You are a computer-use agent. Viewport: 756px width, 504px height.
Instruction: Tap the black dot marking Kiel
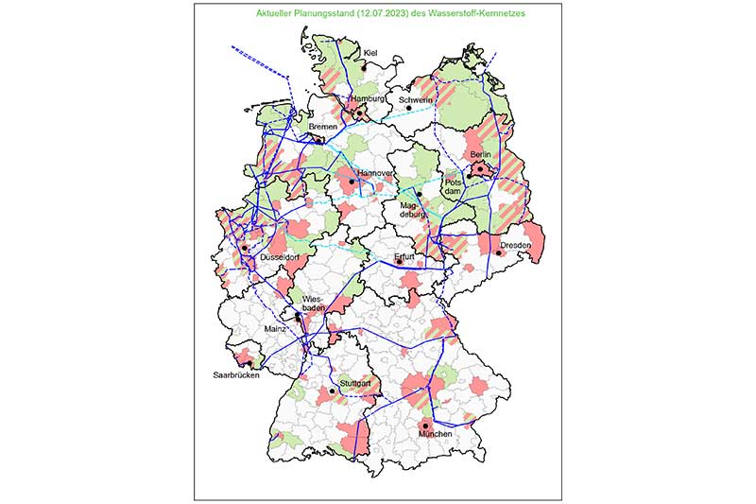tap(363, 68)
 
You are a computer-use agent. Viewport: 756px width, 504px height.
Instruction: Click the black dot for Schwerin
tap(409, 108)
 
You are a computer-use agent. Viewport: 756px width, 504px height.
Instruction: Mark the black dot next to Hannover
tap(352, 182)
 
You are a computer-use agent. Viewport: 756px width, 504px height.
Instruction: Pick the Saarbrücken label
tap(235, 375)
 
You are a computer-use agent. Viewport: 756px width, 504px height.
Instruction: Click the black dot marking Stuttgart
tap(333, 391)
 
